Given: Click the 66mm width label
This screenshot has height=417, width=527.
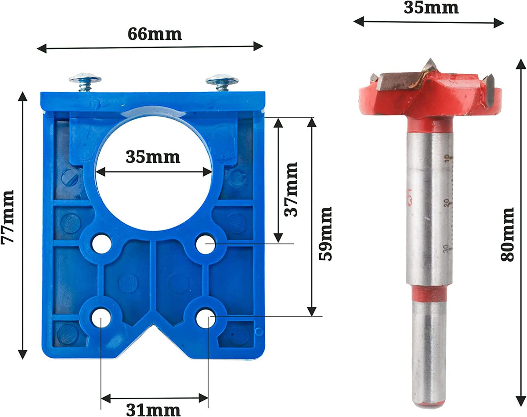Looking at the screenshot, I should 155,34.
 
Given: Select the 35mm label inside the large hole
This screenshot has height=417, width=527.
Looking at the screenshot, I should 153,157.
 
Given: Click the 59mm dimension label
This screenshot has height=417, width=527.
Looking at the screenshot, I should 325,234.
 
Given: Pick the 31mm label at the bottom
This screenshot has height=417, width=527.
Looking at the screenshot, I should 153,410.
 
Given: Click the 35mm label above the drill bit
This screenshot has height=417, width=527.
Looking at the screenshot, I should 431,7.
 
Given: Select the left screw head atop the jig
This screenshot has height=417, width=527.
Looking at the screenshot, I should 85,79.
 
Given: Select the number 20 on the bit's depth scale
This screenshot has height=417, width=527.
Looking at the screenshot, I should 446,202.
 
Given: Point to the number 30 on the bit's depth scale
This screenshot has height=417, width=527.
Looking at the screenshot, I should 446,248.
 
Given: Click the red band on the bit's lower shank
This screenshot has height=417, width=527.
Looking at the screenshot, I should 429,294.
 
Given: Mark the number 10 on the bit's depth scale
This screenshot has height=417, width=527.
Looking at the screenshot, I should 446,158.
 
